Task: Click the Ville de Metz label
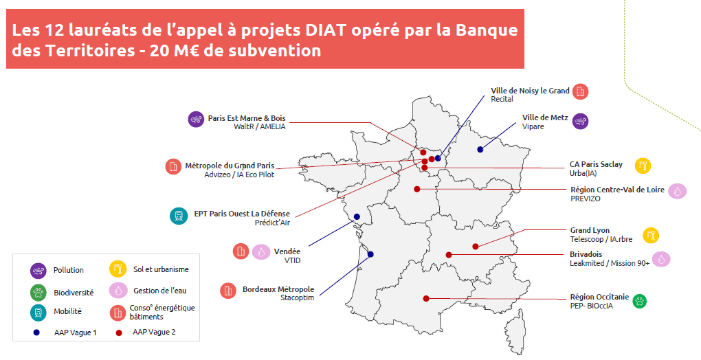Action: [x=545, y=117]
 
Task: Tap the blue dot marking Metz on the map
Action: [x=480, y=149]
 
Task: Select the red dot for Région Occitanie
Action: [x=426, y=298]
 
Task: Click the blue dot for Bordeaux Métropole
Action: [x=370, y=254]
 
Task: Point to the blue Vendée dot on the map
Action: [x=357, y=216]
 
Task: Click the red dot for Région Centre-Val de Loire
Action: [x=417, y=189]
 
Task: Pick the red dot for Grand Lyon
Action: [x=476, y=247]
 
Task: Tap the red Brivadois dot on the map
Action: [x=449, y=255]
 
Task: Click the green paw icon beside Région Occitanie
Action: [x=640, y=301]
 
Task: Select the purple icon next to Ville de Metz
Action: [x=580, y=121]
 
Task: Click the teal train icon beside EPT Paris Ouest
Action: [x=179, y=216]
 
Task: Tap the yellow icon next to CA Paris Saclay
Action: [x=643, y=166]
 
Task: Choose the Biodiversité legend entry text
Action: [x=74, y=293]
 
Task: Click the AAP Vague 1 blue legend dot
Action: [x=36, y=333]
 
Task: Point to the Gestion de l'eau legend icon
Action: [x=118, y=291]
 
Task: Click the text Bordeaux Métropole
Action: [x=278, y=289]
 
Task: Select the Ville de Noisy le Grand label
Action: [x=531, y=91]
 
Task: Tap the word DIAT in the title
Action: [x=326, y=30]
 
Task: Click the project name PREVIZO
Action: [x=586, y=199]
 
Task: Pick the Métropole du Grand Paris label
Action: [x=230, y=166]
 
